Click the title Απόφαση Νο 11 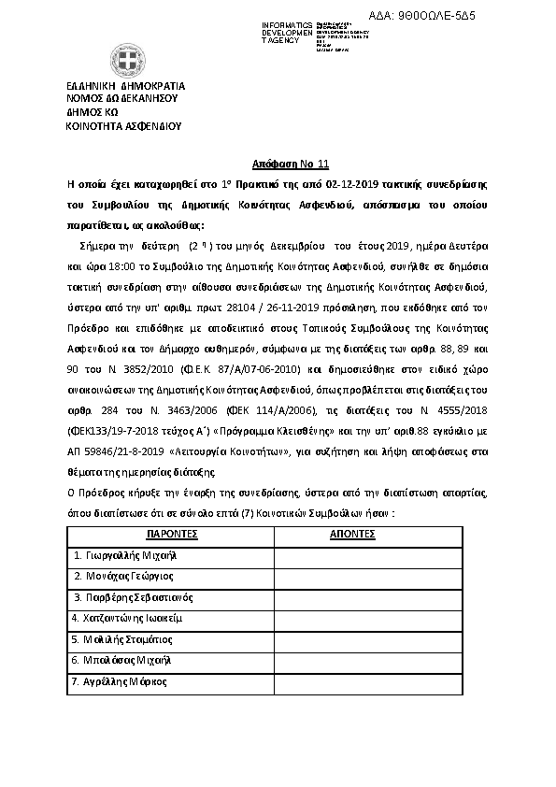pyautogui.click(x=278, y=161)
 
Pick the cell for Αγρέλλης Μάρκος pyautogui.click(x=119, y=681)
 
